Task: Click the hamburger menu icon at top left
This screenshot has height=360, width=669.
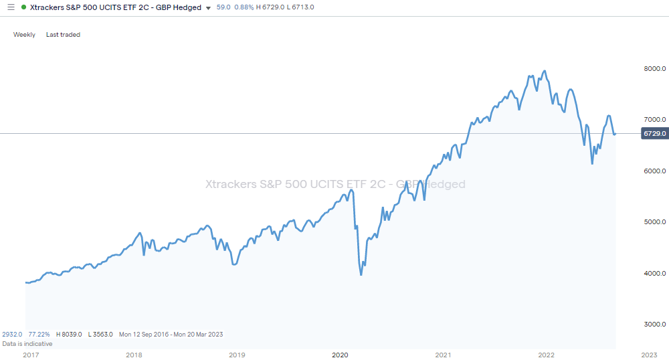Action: (10, 7)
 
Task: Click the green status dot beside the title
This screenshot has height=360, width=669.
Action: (24, 7)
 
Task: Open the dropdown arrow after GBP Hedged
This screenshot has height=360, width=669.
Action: (209, 8)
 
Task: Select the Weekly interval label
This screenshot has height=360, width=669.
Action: (24, 35)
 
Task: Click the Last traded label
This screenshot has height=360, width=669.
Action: (63, 35)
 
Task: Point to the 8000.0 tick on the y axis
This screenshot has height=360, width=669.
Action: (655, 68)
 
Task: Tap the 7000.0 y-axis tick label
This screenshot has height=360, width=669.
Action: (655, 119)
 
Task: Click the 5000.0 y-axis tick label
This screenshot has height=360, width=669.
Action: (655, 222)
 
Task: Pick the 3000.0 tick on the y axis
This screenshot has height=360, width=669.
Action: (655, 325)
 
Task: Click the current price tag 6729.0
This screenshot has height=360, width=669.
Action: (654, 134)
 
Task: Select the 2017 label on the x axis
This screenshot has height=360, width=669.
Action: (30, 355)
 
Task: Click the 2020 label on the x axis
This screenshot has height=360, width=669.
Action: (340, 355)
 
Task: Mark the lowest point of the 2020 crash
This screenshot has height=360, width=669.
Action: (361, 274)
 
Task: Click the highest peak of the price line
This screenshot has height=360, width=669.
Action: (545, 70)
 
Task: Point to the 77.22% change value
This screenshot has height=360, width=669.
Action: (39, 334)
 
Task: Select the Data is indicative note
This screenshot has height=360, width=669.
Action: (27, 343)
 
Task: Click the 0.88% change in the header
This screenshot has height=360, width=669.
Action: (244, 7)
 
